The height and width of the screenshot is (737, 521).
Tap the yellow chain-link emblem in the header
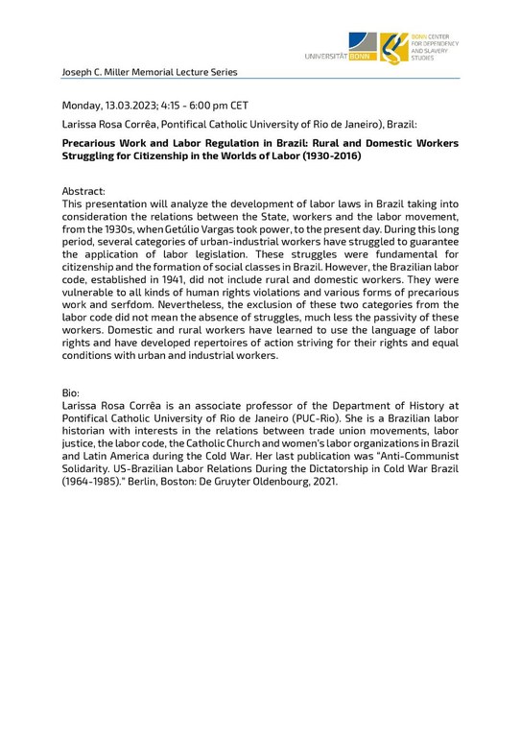[392, 47]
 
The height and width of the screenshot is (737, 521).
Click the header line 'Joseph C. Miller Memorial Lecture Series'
[149, 72]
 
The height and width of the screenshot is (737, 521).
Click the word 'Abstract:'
[83, 191]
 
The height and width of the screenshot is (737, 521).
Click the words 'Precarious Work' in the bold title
[107, 143]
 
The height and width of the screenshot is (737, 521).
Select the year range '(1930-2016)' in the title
[329, 155]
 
